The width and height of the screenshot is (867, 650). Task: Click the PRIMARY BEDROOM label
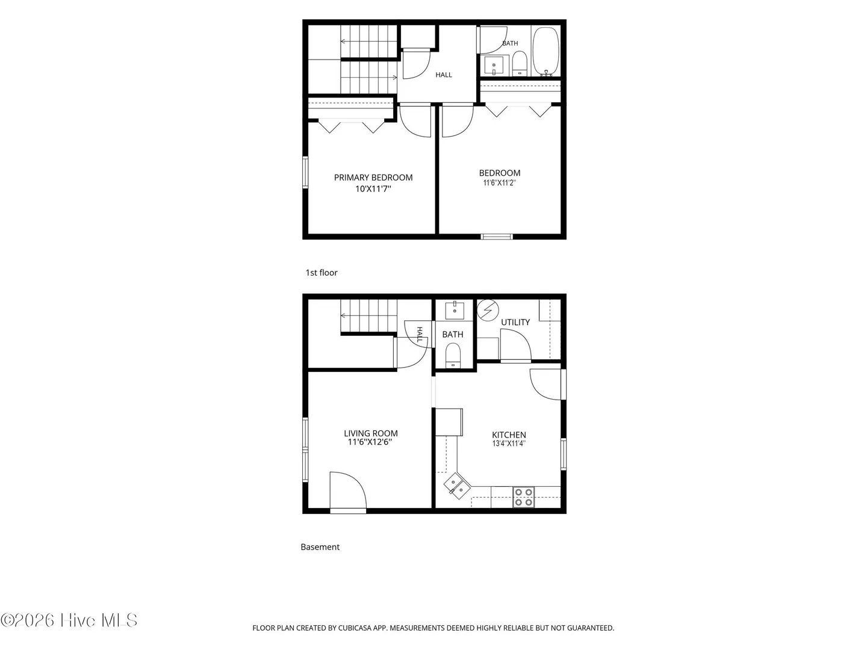point(373,178)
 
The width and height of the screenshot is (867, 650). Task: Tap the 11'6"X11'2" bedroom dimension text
point(499,183)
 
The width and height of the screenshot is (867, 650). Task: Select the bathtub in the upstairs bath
point(545,51)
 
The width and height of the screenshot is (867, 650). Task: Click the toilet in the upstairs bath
point(520,63)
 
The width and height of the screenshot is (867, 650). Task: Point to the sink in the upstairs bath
point(494,65)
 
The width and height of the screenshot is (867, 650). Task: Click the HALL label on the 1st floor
point(444,75)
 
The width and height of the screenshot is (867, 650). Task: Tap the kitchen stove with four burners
point(523,497)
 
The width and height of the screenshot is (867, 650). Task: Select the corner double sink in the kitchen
point(457,486)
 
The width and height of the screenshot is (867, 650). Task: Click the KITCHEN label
point(509,435)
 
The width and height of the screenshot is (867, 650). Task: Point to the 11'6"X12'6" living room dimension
point(370,442)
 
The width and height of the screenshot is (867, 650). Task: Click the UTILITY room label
point(515,323)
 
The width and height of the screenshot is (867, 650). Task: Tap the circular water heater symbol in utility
point(488,310)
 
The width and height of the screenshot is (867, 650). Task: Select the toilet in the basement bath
point(453,355)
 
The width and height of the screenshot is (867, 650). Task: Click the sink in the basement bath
point(455,311)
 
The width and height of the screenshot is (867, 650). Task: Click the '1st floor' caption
point(322,273)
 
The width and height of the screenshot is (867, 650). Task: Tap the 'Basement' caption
point(320,547)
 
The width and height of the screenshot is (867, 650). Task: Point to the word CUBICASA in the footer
point(354,628)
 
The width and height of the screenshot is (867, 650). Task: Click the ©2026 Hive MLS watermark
point(69,621)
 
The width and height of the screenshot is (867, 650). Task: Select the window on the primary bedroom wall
point(305,172)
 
